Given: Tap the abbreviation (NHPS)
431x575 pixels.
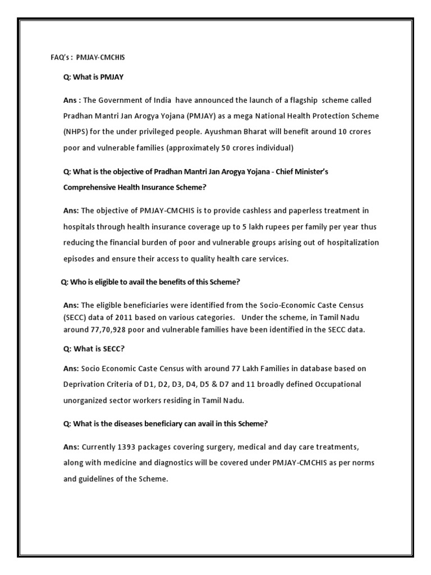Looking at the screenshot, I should coord(75,131).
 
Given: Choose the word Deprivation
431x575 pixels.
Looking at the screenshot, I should coord(84,384).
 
